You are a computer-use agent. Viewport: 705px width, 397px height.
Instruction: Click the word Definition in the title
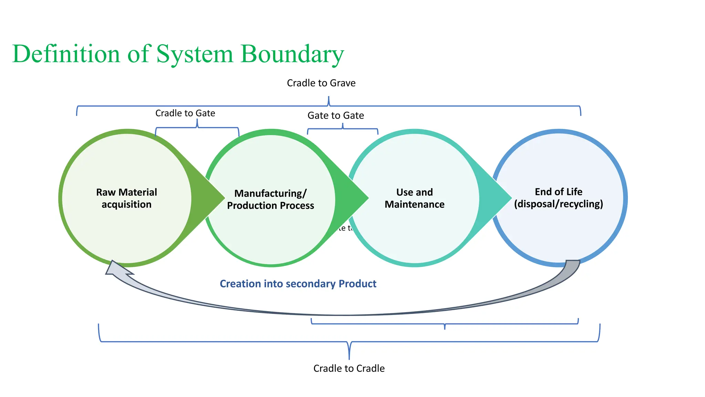(x=65, y=54)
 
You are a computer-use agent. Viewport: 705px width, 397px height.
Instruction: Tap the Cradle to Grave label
(x=321, y=83)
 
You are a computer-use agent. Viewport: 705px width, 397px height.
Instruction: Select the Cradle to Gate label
(x=185, y=113)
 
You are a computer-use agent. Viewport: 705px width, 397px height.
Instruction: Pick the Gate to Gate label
(x=335, y=115)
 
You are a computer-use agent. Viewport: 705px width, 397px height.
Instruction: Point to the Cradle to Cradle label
(x=349, y=368)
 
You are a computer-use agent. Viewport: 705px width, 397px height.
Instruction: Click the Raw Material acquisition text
(x=126, y=198)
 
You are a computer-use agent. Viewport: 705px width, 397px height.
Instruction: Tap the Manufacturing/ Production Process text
(x=270, y=199)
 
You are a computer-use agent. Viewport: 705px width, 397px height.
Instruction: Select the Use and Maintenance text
(x=414, y=198)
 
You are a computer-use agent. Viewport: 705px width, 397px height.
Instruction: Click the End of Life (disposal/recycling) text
(x=558, y=198)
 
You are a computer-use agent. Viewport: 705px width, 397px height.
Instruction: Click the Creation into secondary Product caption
(x=298, y=284)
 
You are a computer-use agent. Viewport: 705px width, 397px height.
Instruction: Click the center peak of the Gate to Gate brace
(x=343, y=125)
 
